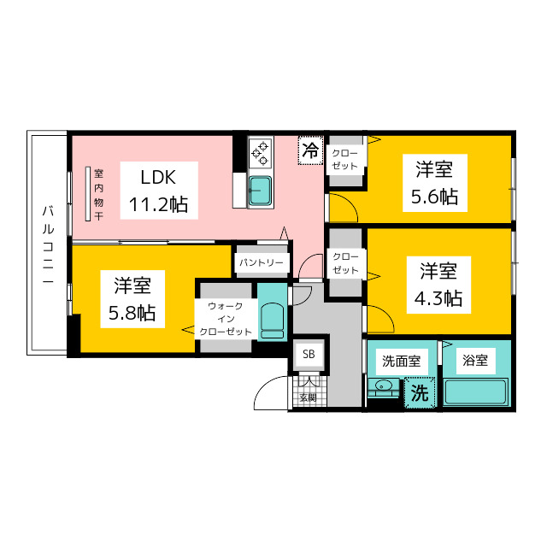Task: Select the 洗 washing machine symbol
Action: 418,394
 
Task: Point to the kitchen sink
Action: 260,191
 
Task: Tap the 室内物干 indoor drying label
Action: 99,195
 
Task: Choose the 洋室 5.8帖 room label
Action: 132,298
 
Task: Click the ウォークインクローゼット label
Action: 226,318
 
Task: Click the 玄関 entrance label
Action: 308,397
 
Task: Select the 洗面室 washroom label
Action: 400,362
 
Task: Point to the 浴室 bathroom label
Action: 475,361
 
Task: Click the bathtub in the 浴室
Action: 475,393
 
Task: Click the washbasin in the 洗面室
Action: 383,390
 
